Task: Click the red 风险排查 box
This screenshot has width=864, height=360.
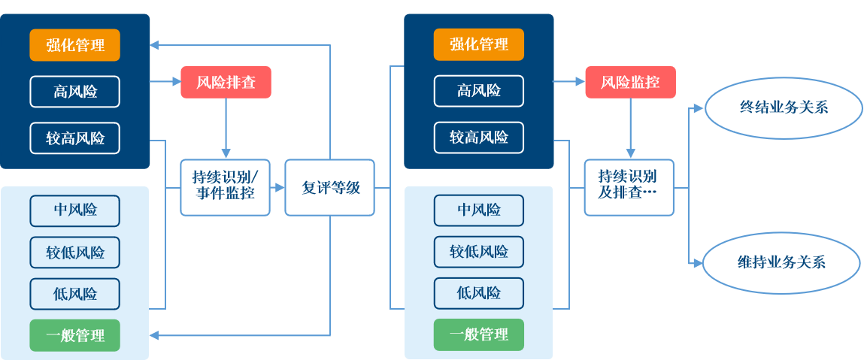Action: (x=226, y=82)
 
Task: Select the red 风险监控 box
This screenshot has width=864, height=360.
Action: (x=630, y=82)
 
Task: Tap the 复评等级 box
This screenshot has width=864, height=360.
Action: (x=329, y=188)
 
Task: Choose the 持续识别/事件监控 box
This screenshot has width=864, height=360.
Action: (x=225, y=188)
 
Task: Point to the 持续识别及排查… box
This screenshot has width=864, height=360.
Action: (x=629, y=188)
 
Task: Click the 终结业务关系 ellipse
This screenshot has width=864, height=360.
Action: (x=783, y=107)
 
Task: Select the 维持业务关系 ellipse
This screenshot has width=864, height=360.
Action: (x=781, y=262)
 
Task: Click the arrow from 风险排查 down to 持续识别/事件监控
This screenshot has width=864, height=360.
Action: (x=226, y=128)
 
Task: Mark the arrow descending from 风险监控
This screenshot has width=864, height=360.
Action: (x=630, y=128)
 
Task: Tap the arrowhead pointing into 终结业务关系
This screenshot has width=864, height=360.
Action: (x=696, y=108)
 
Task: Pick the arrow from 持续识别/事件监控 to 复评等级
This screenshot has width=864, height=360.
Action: (x=277, y=188)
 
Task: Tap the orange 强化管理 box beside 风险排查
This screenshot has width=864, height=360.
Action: (x=74, y=44)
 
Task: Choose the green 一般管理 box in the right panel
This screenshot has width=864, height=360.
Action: (x=479, y=335)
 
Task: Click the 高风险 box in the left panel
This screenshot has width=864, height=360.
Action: (x=74, y=92)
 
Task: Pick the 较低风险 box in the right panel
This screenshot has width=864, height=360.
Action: (x=479, y=252)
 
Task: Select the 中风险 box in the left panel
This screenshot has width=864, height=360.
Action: (x=74, y=210)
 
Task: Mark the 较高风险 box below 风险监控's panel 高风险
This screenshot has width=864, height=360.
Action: (x=479, y=138)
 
